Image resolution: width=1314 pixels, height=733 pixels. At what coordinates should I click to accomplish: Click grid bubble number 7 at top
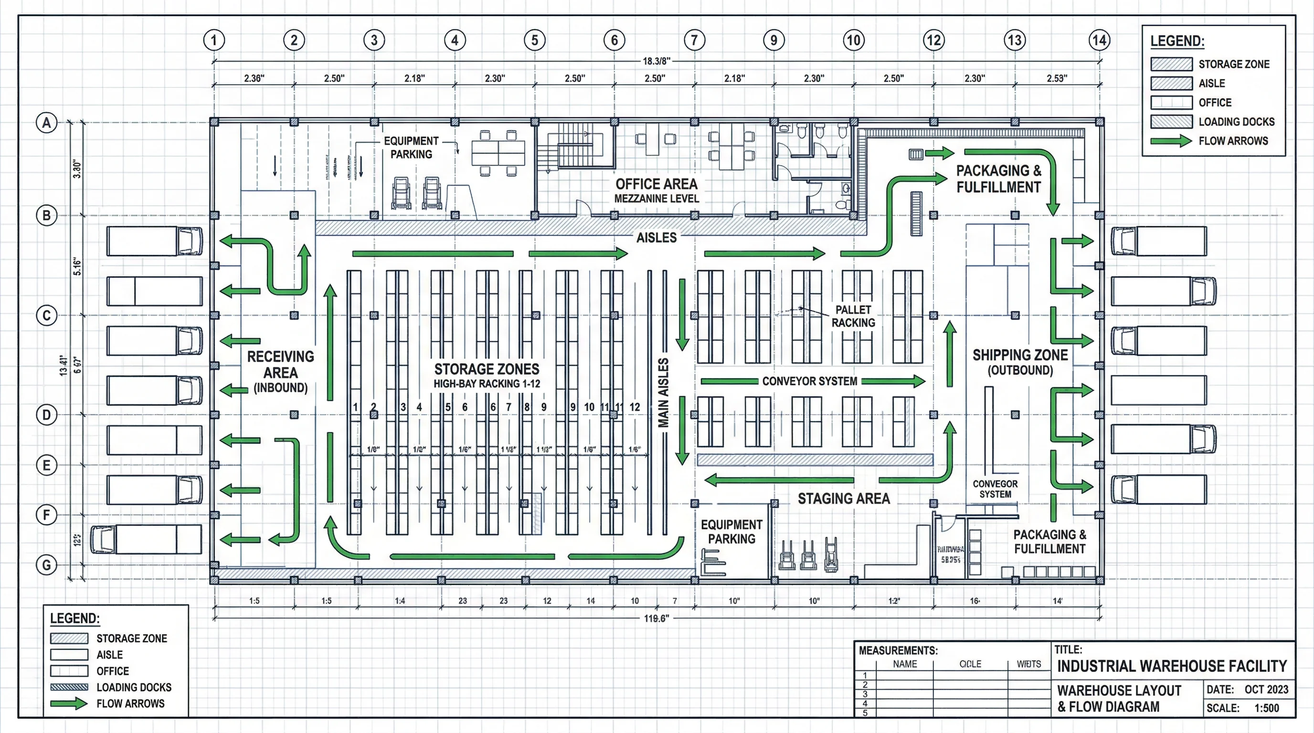pyautogui.click(x=694, y=40)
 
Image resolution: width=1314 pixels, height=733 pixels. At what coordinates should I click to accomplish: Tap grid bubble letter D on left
pyautogui.click(x=46, y=414)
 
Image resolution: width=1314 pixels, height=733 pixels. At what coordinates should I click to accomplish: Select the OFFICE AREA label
pyautogui.click(x=656, y=184)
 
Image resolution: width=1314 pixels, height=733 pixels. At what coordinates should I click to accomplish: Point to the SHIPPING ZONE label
pyautogui.click(x=1020, y=356)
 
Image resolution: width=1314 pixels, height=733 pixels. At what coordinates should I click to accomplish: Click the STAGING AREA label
pyautogui.click(x=843, y=499)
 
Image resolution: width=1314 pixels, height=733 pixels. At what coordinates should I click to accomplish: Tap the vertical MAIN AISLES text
pyautogui.click(x=663, y=392)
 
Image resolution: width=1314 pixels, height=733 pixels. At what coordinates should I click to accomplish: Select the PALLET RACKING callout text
pyautogui.click(x=853, y=316)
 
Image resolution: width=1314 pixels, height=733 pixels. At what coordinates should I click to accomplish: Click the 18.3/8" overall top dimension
pyautogui.click(x=656, y=61)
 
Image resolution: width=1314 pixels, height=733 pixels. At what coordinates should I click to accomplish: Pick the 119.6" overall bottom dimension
pyautogui.click(x=656, y=618)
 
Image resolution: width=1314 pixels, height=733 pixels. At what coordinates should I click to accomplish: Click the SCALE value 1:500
pyautogui.click(x=1267, y=708)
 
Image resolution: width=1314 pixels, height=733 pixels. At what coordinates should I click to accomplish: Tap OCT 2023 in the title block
pyautogui.click(x=1266, y=689)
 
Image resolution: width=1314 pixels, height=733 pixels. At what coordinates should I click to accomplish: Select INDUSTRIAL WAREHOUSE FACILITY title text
pyautogui.click(x=1172, y=666)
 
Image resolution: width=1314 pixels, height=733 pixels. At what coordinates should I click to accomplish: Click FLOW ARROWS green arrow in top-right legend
pyautogui.click(x=1171, y=141)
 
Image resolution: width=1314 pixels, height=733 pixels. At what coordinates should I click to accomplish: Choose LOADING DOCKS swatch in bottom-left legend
pyautogui.click(x=69, y=687)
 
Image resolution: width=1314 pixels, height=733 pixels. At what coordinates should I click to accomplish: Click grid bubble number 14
pyautogui.click(x=1099, y=40)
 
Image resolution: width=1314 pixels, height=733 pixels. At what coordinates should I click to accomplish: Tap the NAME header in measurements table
pyautogui.click(x=904, y=664)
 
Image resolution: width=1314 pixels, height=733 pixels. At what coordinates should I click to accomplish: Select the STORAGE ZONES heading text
pyautogui.click(x=486, y=369)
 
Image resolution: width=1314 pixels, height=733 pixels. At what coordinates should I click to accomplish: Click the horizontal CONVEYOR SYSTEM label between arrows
pyautogui.click(x=809, y=381)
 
